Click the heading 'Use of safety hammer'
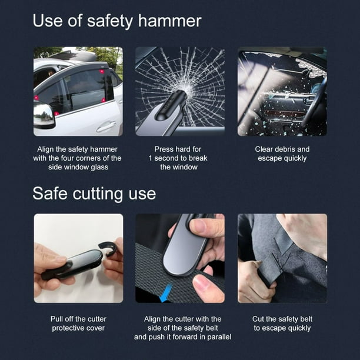(x=116, y=21)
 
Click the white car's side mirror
(x=44, y=115)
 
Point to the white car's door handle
(x=106, y=126)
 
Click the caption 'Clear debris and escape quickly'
(x=282, y=154)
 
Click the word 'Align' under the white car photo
(x=48, y=149)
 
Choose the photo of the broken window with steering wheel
(x=282, y=91)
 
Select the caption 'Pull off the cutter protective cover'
(x=78, y=323)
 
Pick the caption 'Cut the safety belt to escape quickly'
(x=282, y=323)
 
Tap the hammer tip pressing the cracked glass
(x=178, y=94)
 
